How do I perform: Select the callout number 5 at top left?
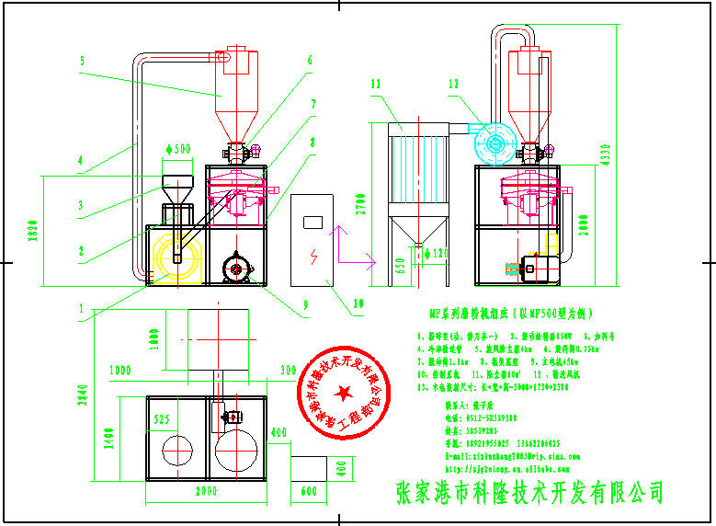coord(82,61)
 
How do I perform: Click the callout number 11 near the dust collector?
coord(375,85)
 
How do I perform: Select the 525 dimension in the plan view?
coord(163,420)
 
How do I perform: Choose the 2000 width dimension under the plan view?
coord(207,492)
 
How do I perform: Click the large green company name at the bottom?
coord(528,492)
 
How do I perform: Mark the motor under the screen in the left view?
coord(239,269)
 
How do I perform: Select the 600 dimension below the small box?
coord(308,494)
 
